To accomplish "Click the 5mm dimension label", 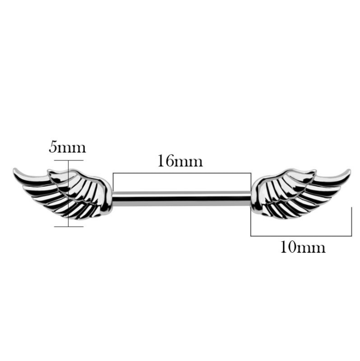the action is coord(67,147).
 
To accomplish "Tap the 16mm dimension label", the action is coord(180,161).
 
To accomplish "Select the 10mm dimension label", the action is coord(303,247).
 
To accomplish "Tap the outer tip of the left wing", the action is coord(14,170).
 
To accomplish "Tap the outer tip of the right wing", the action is coord(349,171).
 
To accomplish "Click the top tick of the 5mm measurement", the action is coord(69,160).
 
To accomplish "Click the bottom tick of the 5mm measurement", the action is coord(69,226).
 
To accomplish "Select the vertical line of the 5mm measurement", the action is coord(69,193).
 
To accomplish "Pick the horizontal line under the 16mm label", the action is coord(182,173).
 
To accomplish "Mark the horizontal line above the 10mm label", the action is coord(301,236).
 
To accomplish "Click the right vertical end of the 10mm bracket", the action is coord(352,221).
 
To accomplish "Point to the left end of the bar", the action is coord(112,199).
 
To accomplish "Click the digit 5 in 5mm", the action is coord(53,147).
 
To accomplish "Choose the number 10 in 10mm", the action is coord(288,247).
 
